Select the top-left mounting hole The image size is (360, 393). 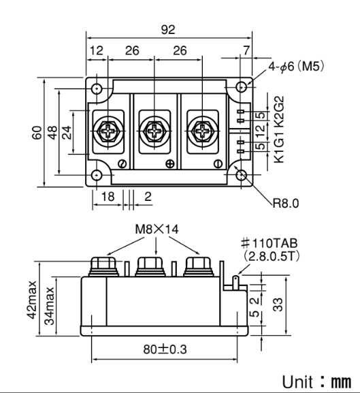click(x=98, y=89)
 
